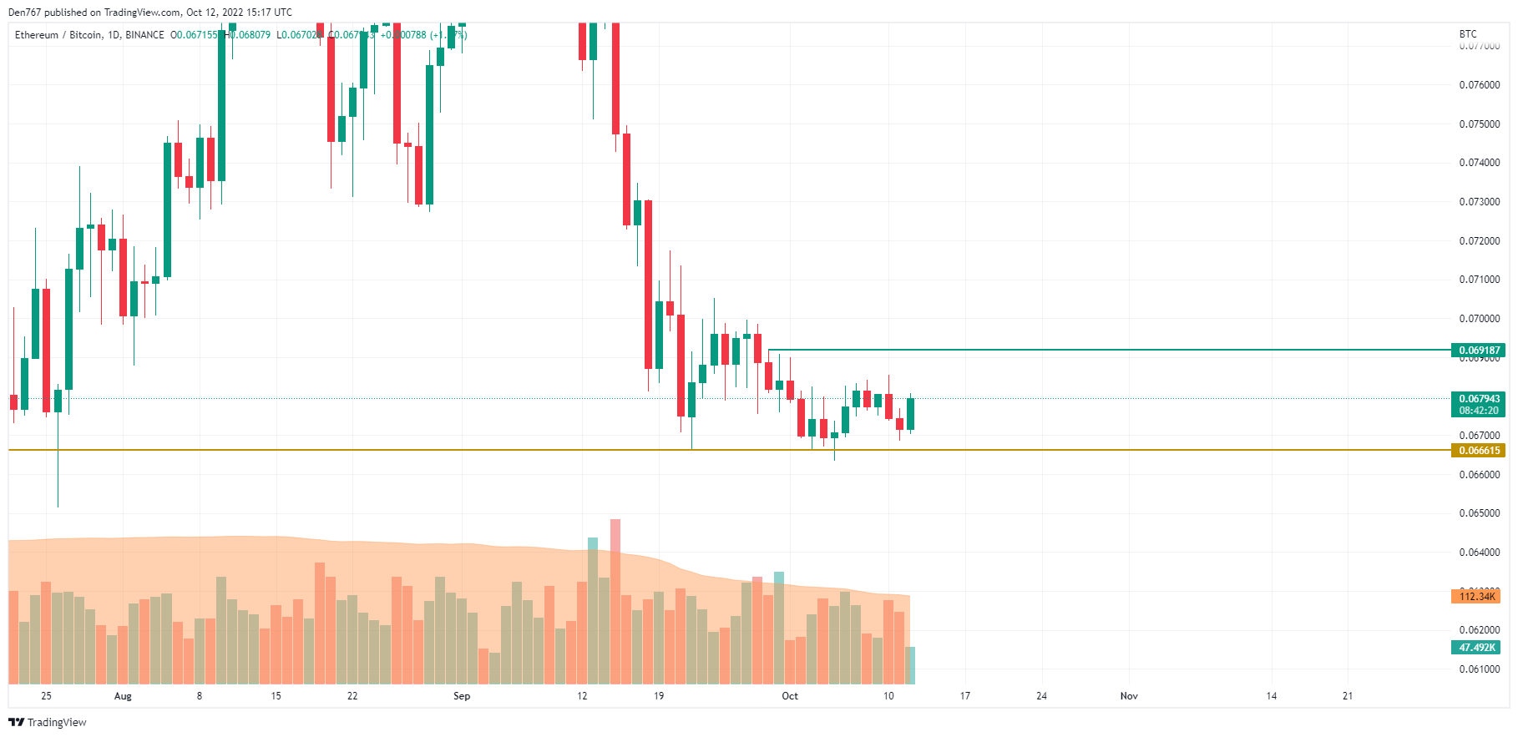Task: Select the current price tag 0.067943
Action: [1479, 399]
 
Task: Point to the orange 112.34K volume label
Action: [1476, 596]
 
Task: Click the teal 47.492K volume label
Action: [1476, 648]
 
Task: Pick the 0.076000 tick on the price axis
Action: [1479, 85]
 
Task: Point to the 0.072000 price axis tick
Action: [1479, 241]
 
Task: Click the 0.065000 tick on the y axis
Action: [1479, 513]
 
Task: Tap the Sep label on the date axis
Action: [462, 696]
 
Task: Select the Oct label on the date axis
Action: [790, 696]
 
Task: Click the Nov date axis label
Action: [1129, 696]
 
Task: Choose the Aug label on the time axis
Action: [123, 696]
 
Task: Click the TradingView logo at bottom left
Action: [48, 722]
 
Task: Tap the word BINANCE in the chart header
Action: [144, 35]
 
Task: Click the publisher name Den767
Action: [24, 13]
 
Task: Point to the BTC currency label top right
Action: [1468, 34]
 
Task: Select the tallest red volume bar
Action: [615, 601]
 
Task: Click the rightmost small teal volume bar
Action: [911, 665]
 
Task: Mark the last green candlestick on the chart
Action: [911, 414]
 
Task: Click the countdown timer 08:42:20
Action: [1479, 411]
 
